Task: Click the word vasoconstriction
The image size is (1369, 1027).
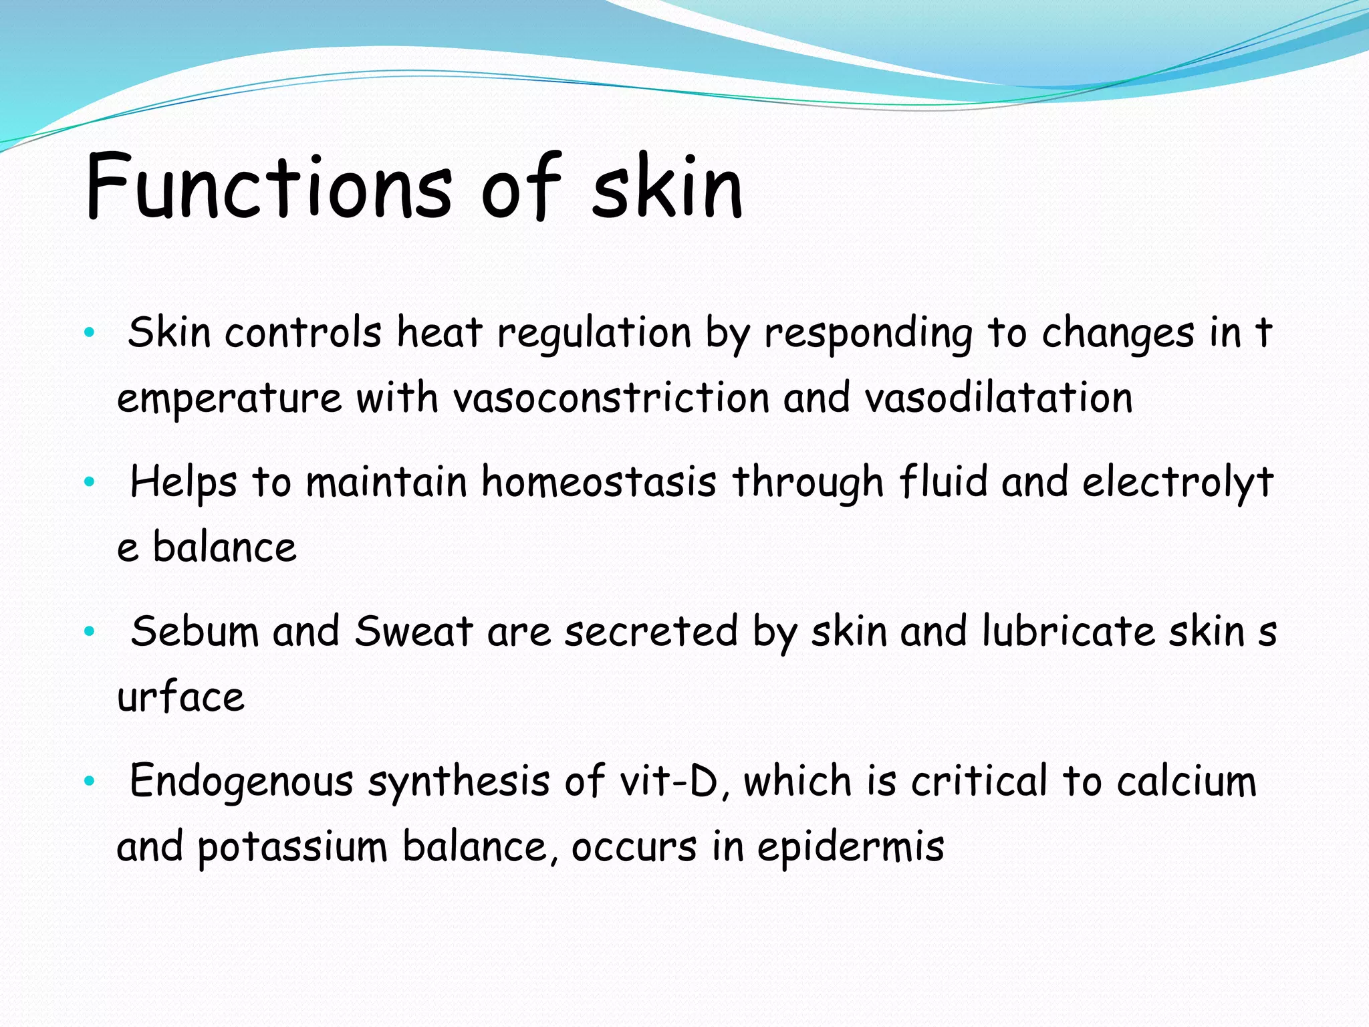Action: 611,398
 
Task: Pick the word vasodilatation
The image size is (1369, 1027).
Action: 998,398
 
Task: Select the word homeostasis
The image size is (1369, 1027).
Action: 599,482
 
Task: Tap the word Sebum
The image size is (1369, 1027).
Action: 195,632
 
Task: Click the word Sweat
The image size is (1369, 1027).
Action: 414,632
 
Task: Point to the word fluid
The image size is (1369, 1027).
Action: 943,482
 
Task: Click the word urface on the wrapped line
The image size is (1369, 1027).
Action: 180,698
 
